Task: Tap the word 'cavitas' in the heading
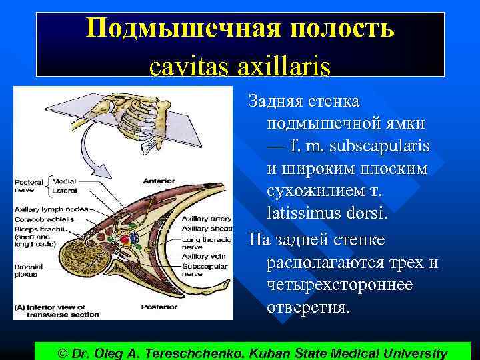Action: [x=182, y=66]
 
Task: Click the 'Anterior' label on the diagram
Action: [x=159, y=181]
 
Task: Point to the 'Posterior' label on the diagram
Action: [x=159, y=307]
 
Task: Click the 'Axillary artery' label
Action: [x=207, y=218]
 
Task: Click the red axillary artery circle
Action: [x=125, y=239]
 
